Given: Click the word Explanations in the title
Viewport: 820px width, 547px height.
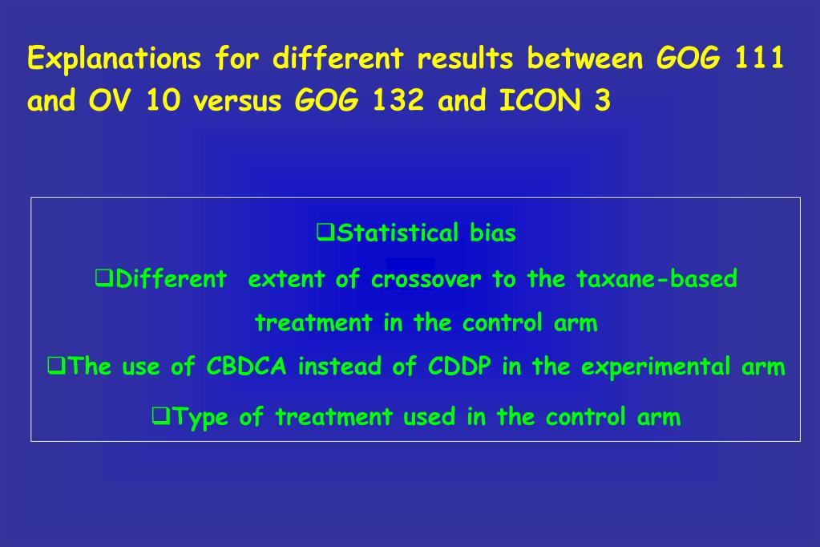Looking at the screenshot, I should tap(113, 59).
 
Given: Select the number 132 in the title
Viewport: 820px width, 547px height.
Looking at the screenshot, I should tap(398, 102).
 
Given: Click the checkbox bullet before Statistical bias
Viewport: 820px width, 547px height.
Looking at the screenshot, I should tap(325, 233).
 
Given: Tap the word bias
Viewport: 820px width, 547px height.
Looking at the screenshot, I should tap(493, 233).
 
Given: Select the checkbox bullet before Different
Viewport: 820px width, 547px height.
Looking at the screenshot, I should tap(103, 279).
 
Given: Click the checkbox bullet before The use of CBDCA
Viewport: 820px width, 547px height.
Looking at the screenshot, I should tap(55, 367).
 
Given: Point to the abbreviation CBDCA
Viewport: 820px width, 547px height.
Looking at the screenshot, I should tap(248, 367).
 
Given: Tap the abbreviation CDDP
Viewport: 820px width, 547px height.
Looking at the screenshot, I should tap(460, 367).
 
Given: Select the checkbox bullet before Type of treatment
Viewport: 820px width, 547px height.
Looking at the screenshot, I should tap(159, 416).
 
